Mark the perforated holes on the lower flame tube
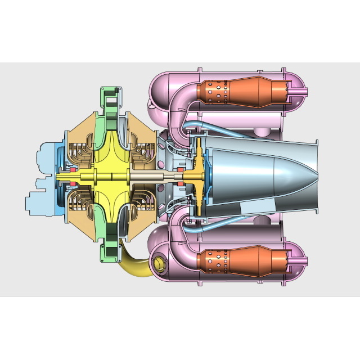point(217,262)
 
